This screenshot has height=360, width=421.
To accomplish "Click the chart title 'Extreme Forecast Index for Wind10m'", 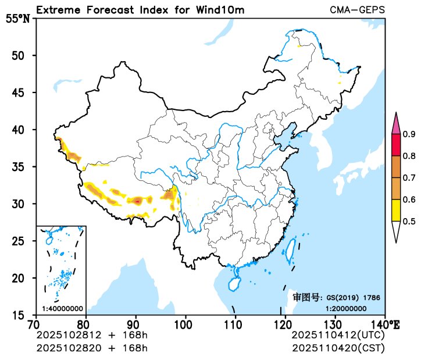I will [x=140, y=10].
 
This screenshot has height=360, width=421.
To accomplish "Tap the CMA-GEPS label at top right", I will [x=357, y=10].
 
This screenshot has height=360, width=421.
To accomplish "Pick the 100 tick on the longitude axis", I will [x=185, y=323].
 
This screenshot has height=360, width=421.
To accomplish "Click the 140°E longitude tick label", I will [x=387, y=323].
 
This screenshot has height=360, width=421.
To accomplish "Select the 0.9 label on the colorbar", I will [x=409, y=134].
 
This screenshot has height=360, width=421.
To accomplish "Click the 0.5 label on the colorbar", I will [x=409, y=221].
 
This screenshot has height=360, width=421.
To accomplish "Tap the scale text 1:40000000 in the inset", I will [x=62, y=308].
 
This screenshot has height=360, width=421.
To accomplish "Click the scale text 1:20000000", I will [x=345, y=308].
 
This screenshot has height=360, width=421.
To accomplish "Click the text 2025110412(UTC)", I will [x=338, y=335].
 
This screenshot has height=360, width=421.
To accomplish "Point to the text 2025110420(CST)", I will [x=338, y=348].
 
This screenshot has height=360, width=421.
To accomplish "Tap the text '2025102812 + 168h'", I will [x=92, y=335].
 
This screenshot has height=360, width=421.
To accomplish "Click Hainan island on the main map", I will [x=233, y=283].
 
